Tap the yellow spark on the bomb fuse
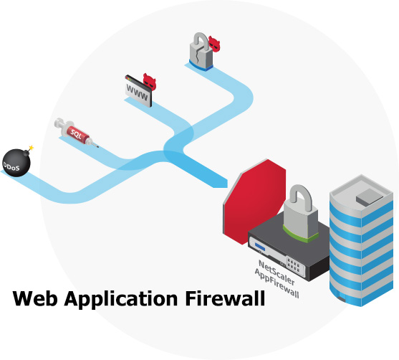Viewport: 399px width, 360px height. (x=30, y=146)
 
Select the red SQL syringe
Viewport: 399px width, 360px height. (x=74, y=133)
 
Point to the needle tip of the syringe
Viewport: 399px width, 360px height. (x=97, y=148)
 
